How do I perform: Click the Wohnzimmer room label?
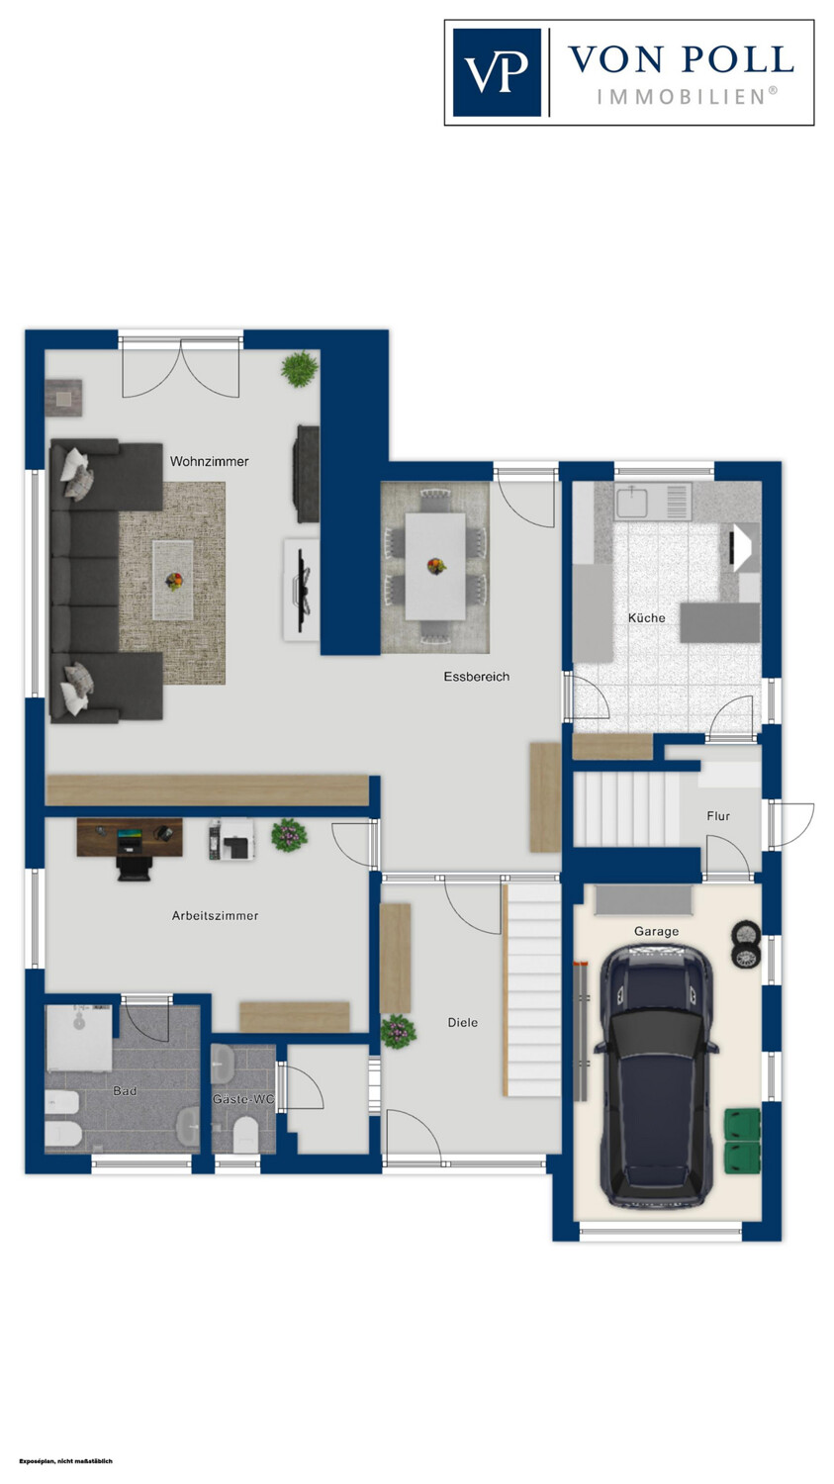coord(210,461)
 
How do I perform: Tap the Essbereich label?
coord(477,677)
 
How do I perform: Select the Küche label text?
coord(647,617)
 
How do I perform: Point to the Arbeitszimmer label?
coord(216,915)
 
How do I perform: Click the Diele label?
coord(462,1022)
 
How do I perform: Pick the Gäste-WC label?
coord(243,1099)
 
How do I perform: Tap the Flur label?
coord(718,816)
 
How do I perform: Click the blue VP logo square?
coord(497,72)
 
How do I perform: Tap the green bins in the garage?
coord(742,1140)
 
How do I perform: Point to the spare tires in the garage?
coord(746,946)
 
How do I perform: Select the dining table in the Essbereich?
coord(435,567)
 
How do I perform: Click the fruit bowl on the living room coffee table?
coord(173,581)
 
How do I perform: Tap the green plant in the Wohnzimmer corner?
coord(300,368)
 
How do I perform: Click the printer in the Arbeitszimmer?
coord(232,840)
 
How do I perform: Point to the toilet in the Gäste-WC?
coord(244,1135)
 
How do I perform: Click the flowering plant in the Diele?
coord(398,1032)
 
